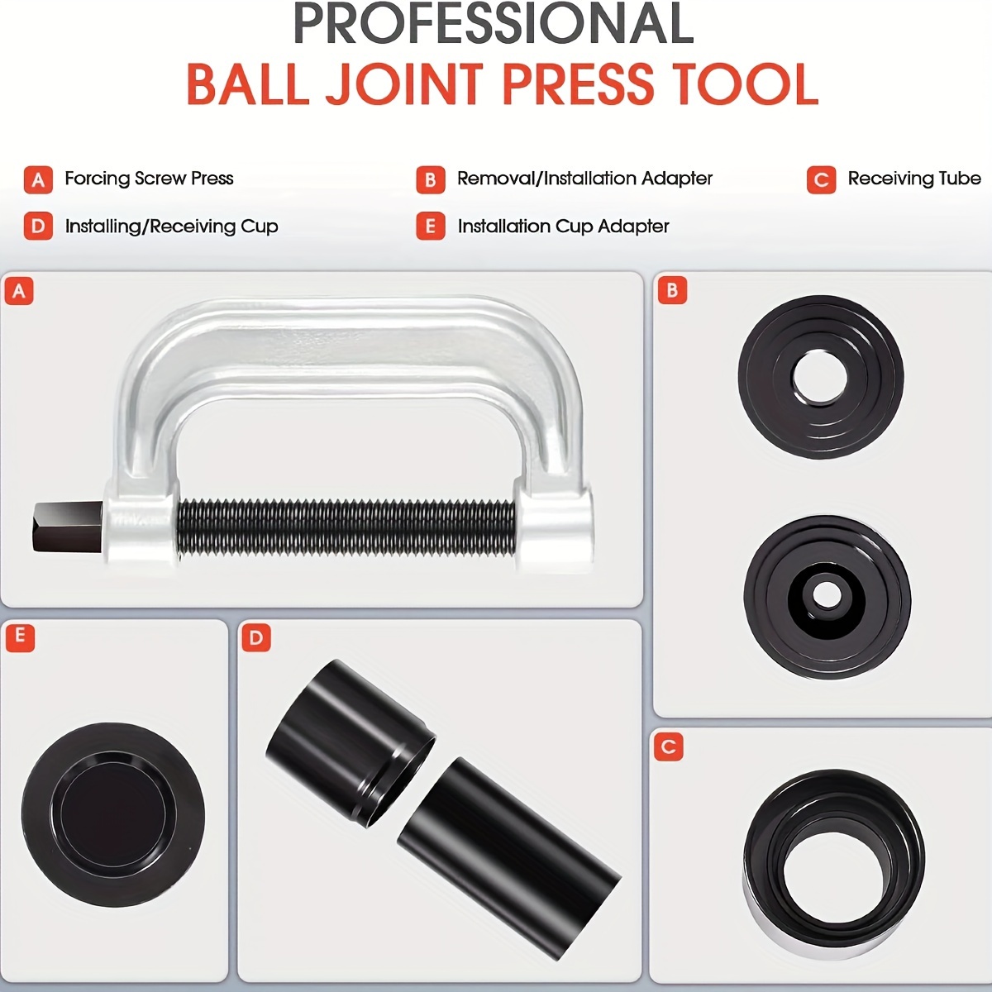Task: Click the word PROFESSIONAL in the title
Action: (494, 23)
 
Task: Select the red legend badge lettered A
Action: (38, 179)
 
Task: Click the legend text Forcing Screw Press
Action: (149, 179)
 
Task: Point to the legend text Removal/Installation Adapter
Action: (584, 179)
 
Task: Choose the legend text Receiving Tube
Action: (914, 179)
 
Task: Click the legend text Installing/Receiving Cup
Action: (171, 227)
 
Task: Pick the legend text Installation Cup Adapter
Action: (564, 227)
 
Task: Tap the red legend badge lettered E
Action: (431, 227)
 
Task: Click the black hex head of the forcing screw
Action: (68, 526)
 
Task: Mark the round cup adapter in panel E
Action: (113, 818)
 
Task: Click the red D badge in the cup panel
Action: (255, 638)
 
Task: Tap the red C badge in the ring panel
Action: (669, 746)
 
